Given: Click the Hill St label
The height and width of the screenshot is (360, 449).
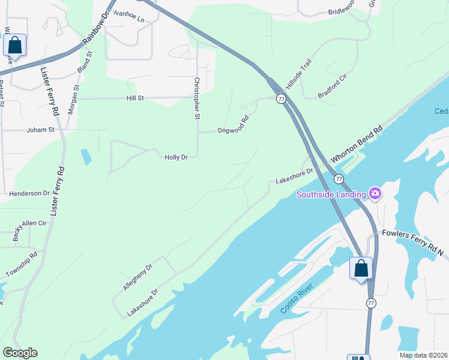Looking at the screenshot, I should click(x=135, y=98).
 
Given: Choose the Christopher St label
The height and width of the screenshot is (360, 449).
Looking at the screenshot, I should click(x=196, y=98).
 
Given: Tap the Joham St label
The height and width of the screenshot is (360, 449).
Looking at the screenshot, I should click(x=40, y=130).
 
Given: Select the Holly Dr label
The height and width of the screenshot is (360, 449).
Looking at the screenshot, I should click(x=176, y=157).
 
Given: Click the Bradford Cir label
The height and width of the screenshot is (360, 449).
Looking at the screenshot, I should click(x=333, y=86).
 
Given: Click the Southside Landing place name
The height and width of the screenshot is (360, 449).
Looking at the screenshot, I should click(x=331, y=194).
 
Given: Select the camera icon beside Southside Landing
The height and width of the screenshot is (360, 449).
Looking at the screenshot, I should click(x=375, y=193).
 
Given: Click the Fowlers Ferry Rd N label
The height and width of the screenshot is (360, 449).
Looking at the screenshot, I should click(x=412, y=242).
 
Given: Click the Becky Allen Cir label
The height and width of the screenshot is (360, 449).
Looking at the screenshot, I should click(x=30, y=230).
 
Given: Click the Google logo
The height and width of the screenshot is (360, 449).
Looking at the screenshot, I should click(x=20, y=353).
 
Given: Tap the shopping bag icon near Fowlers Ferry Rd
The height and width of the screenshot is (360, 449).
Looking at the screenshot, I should click(x=361, y=268).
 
